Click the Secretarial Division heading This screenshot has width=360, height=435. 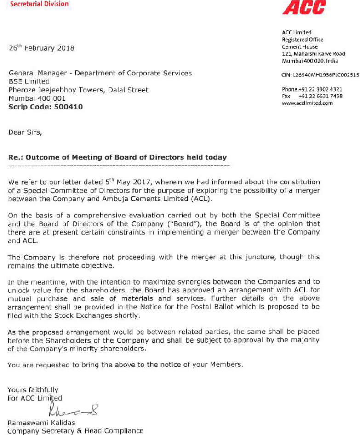(x=39, y=4)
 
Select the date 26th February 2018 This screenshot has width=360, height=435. (x=41, y=48)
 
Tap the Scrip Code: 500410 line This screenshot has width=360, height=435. (x=46, y=107)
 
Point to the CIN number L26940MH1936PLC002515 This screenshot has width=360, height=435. (x=320, y=75)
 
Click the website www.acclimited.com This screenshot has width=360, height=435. (x=307, y=103)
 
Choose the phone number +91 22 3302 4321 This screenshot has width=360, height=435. (x=320, y=89)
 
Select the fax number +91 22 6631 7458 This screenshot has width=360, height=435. (x=320, y=96)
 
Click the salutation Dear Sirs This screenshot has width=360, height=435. (x=25, y=132)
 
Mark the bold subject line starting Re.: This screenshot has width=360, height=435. (x=117, y=157)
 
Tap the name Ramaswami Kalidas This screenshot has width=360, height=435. (x=41, y=423)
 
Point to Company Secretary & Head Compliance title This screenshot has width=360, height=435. (x=75, y=431)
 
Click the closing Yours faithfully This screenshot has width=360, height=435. (x=33, y=390)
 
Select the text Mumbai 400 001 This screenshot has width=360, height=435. (x=37, y=98)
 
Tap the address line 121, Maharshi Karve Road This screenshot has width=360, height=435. (x=314, y=54)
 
